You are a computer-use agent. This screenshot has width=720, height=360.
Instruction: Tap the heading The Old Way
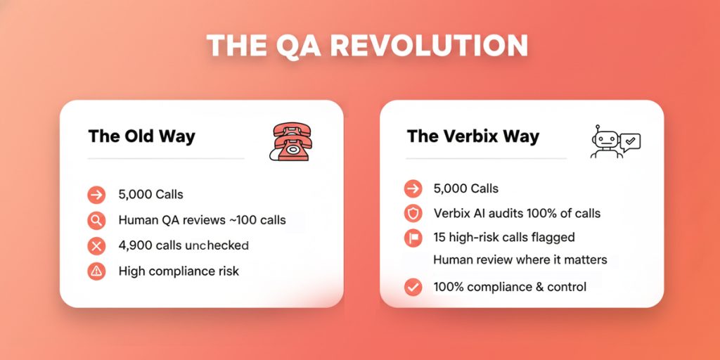point(141,136)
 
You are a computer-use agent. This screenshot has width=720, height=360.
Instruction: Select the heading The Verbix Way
point(472,136)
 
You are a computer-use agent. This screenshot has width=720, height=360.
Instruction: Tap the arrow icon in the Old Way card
point(96,195)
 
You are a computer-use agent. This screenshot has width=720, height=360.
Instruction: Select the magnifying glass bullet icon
point(96,220)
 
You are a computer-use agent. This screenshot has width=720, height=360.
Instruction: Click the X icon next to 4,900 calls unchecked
point(96,245)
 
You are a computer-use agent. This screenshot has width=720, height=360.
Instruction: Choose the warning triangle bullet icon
point(96,271)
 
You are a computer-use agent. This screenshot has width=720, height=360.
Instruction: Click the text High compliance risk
point(179,271)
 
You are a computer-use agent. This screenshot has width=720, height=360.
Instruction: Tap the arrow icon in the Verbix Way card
point(413,188)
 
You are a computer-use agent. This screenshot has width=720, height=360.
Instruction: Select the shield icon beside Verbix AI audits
point(413,213)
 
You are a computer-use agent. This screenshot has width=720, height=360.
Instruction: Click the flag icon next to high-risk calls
point(413,238)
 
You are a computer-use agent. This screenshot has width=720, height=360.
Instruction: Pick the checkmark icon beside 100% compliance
point(413,287)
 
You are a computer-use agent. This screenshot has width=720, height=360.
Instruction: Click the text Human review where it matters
point(520,260)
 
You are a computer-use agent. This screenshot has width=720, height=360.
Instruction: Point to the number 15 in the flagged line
point(440,238)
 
